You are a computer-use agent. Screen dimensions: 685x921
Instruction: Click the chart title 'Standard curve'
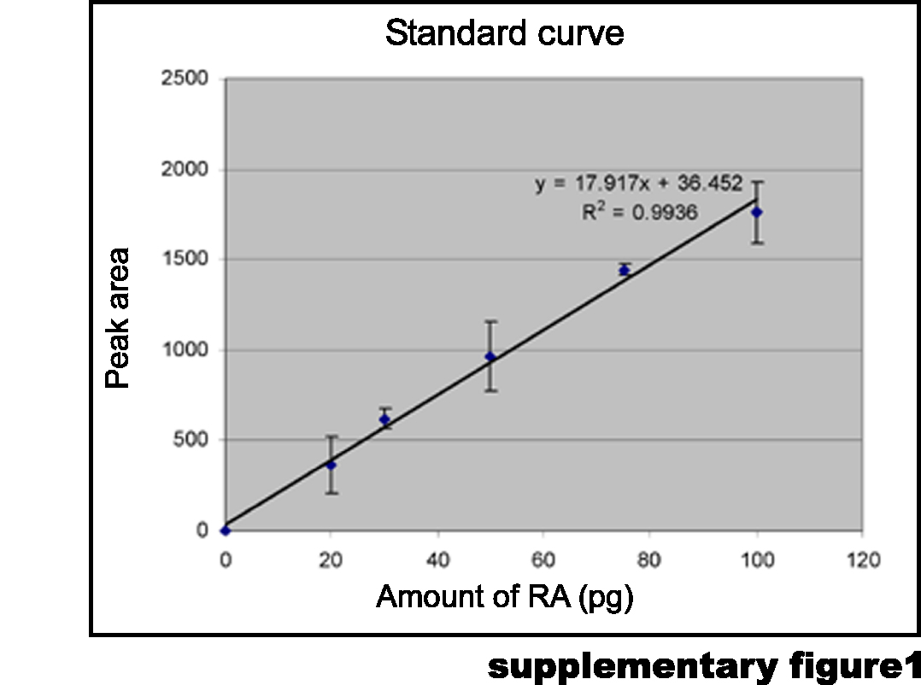[x=504, y=33]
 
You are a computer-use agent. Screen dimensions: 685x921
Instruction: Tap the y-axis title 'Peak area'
[x=118, y=319]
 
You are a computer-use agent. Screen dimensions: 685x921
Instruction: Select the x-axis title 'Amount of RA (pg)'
[x=504, y=596]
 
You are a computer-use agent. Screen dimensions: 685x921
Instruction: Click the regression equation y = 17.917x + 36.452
[x=638, y=184]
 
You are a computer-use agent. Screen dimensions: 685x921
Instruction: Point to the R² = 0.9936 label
[x=639, y=212]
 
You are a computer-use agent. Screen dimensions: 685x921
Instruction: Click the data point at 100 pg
[x=756, y=212]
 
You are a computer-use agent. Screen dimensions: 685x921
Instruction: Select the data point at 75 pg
[x=624, y=270]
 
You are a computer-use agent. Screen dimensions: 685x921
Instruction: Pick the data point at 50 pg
[x=490, y=357]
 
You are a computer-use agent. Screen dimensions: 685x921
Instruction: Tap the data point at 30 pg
[x=384, y=419]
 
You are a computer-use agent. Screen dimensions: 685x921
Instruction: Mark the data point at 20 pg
[x=331, y=465]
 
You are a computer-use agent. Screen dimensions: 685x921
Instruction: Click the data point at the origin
[x=226, y=530]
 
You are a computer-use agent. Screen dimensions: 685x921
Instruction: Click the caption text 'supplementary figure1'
[x=703, y=665]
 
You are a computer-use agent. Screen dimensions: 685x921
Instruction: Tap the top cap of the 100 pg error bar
[x=756, y=181]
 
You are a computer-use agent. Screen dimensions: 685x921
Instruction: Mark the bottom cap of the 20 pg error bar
[x=331, y=493]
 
